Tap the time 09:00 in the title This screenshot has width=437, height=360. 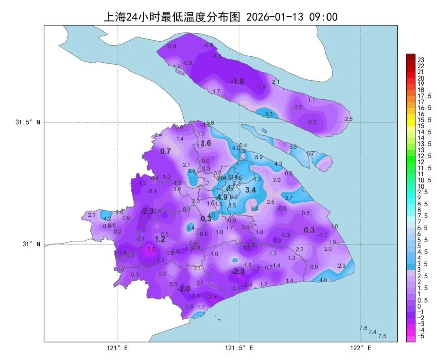point(323,17)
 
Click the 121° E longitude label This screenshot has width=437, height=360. point(117,348)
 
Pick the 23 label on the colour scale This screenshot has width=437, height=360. point(421,60)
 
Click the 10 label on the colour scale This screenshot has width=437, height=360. point(421,186)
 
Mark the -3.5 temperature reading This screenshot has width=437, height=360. point(151,249)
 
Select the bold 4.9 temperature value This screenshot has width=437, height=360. point(222,197)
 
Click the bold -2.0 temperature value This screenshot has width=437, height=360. point(184,289)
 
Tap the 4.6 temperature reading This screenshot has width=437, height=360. point(323,280)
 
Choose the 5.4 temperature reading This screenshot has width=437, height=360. point(191,228)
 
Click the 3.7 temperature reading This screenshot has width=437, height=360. point(289,198)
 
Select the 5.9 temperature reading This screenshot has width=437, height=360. point(259,157)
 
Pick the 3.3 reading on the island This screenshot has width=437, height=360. point(269,114)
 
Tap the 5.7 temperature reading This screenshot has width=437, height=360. point(310,153)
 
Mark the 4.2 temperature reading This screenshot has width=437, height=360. point(107,219)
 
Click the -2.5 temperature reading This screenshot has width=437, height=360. point(211,297)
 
